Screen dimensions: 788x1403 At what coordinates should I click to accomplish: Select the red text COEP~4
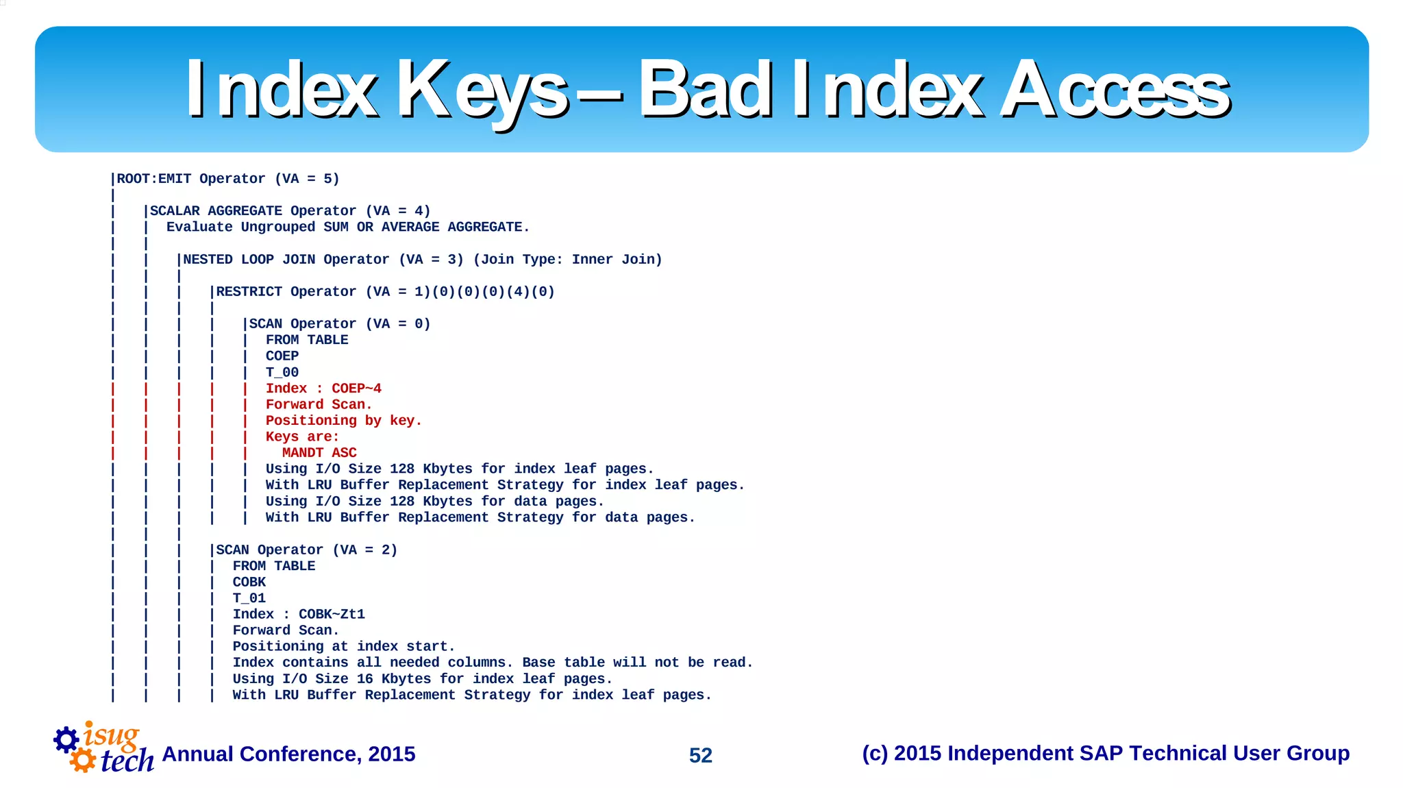pyautogui.click(x=356, y=389)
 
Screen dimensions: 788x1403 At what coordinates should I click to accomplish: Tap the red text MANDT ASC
pyautogui.click(x=319, y=453)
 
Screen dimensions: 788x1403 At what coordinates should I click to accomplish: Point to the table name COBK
pyautogui.click(x=249, y=582)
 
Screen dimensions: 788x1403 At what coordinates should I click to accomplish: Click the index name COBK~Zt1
pyautogui.click(x=332, y=615)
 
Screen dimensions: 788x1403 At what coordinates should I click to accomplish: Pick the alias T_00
pyautogui.click(x=282, y=373)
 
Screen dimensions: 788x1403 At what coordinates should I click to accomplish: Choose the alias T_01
pyautogui.click(x=249, y=598)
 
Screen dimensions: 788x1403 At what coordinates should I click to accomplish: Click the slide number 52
pyautogui.click(x=700, y=755)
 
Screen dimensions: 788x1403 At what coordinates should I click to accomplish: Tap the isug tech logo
pyautogui.click(x=104, y=748)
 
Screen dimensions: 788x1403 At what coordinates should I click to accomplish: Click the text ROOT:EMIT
pyautogui.click(x=154, y=179)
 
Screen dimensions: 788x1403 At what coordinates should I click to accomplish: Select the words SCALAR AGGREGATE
pyautogui.click(x=216, y=211)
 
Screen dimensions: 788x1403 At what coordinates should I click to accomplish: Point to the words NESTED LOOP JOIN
pyautogui.click(x=249, y=260)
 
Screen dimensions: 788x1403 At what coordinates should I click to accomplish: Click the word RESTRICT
pyautogui.click(x=249, y=292)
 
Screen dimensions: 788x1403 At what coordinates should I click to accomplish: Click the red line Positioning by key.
pyautogui.click(x=343, y=421)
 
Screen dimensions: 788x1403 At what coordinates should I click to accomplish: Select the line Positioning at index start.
pyautogui.click(x=343, y=647)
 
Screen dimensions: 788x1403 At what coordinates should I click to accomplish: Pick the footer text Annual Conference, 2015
pyautogui.click(x=288, y=754)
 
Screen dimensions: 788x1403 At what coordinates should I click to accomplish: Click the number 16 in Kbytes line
pyautogui.click(x=364, y=679)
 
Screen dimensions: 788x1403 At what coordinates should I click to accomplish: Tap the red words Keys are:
pyautogui.click(x=302, y=437)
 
